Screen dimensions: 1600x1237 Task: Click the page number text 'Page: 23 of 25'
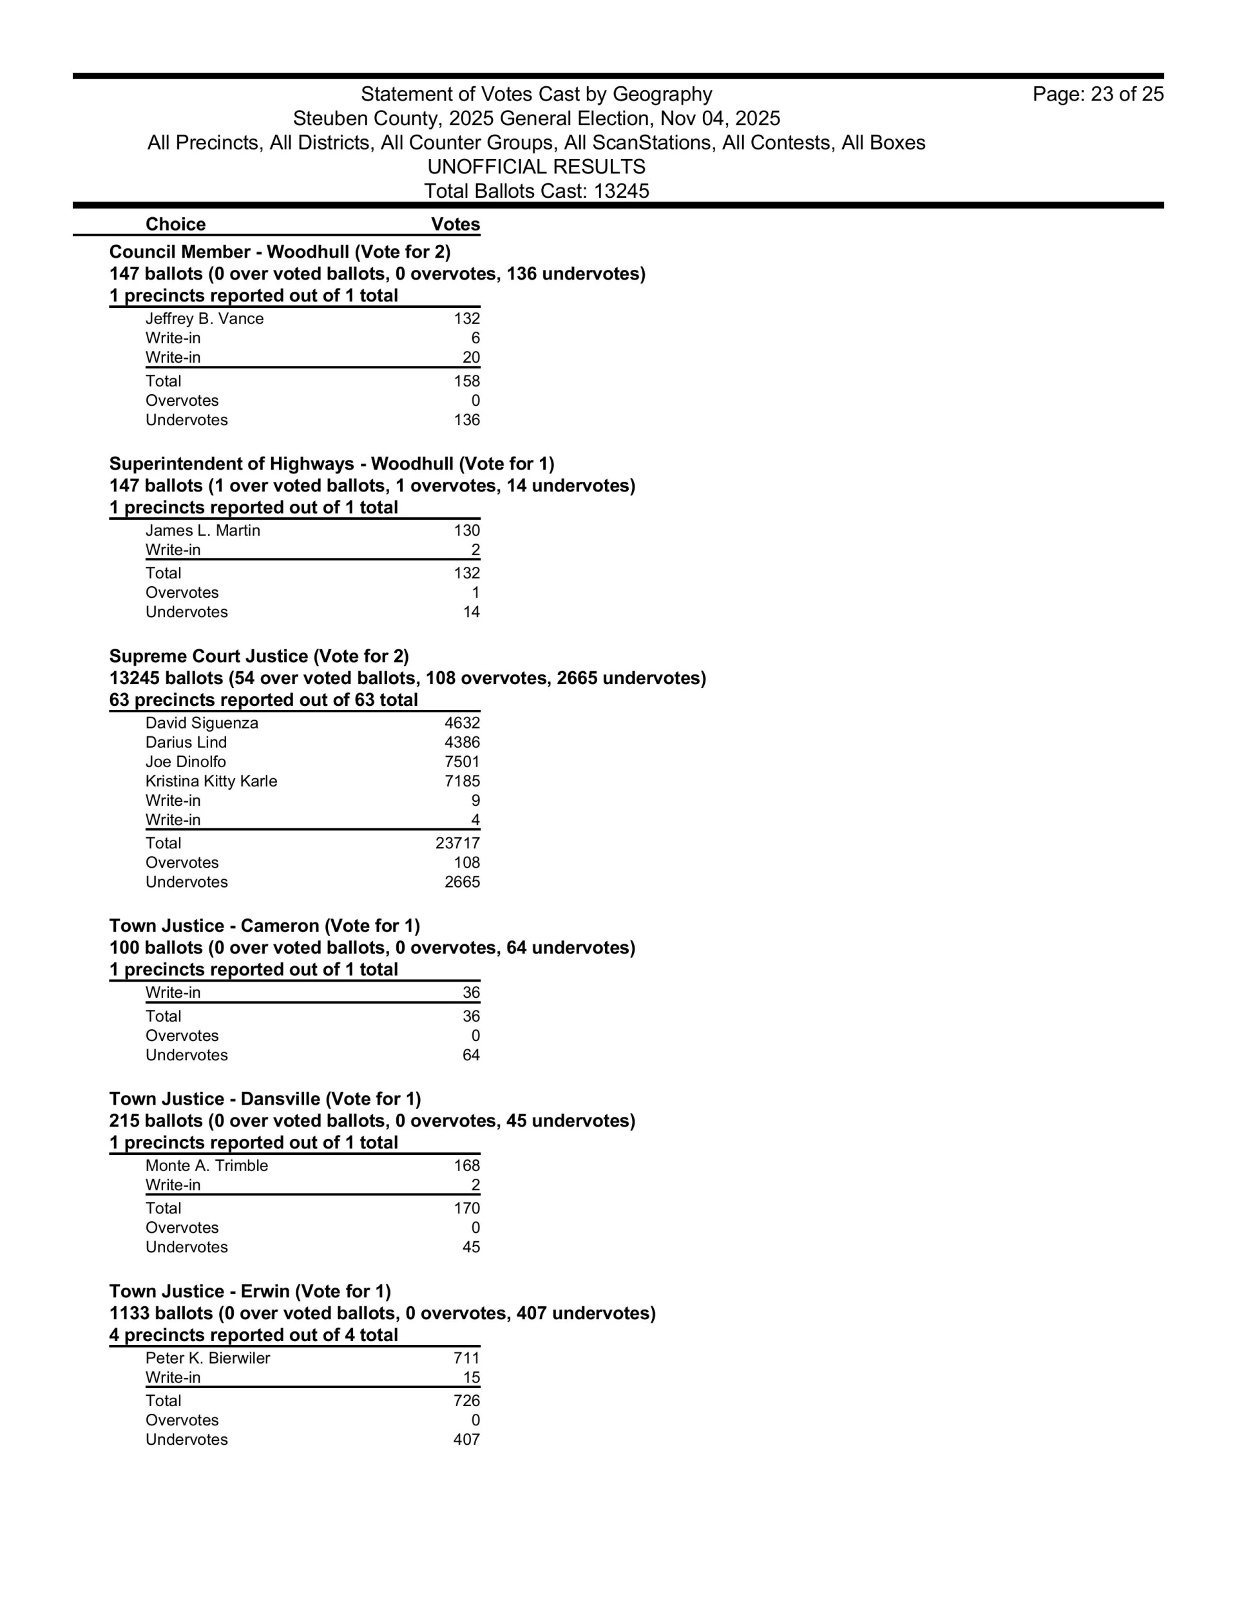coord(1097,95)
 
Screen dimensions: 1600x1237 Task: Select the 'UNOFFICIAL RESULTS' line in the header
coord(537,167)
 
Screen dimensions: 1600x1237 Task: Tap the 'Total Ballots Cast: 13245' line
coord(537,191)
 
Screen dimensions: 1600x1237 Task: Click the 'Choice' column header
coord(176,224)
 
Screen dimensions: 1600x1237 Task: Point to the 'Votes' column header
coord(455,224)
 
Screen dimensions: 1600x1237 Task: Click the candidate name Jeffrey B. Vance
coord(204,319)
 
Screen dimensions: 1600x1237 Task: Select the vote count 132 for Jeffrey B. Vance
coord(467,319)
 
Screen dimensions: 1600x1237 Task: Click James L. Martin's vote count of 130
coord(467,530)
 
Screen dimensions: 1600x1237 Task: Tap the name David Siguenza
coord(202,723)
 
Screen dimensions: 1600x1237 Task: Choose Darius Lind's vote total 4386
coord(463,742)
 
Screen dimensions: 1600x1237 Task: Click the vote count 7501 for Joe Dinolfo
coord(463,762)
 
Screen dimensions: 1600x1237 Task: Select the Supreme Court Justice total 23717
coord(458,843)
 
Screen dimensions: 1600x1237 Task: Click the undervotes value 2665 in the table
coord(463,882)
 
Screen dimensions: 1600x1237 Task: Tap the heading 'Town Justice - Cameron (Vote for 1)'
coord(265,926)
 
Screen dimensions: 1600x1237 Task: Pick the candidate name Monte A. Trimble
coord(207,1166)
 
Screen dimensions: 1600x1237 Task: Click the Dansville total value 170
coord(467,1208)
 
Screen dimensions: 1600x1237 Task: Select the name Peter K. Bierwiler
coord(207,1358)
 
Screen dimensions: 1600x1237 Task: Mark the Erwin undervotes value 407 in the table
coord(467,1440)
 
